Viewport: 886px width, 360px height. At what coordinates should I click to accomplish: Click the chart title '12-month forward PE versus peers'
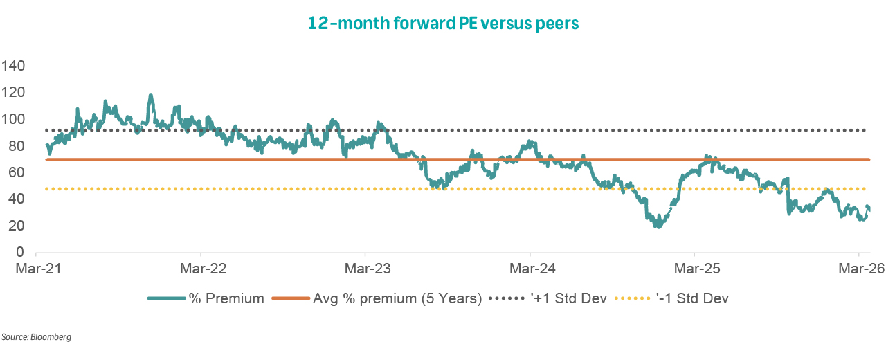click(x=443, y=24)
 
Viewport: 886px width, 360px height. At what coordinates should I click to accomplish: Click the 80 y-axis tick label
click(x=17, y=146)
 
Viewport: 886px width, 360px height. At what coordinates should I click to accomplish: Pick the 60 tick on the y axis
click(x=17, y=172)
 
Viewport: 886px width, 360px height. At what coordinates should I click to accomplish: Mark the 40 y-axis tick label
click(x=17, y=199)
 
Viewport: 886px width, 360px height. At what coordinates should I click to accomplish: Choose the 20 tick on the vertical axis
click(x=17, y=226)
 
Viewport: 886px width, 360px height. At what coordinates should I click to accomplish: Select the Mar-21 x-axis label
click(x=35, y=267)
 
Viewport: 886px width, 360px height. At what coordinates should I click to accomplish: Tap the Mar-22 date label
click(x=200, y=267)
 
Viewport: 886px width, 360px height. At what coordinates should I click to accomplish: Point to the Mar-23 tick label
click(x=365, y=267)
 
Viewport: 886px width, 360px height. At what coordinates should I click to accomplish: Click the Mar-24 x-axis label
click(x=530, y=267)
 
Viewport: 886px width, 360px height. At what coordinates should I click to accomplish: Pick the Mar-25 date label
click(x=694, y=267)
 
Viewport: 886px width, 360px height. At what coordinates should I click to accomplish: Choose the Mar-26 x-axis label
click(x=859, y=267)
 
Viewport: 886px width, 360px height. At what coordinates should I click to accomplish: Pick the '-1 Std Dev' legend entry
click(x=692, y=299)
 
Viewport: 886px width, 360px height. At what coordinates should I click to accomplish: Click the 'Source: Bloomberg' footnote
click(x=36, y=337)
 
